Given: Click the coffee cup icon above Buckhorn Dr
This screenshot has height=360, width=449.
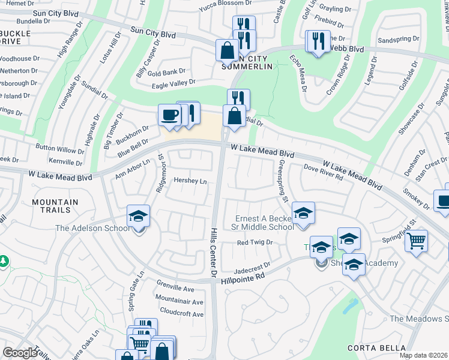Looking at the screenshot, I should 170,115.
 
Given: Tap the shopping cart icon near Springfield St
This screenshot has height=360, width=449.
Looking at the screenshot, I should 415,241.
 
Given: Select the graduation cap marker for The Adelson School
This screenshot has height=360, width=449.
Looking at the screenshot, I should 138,217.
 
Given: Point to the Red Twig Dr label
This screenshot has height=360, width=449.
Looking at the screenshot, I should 255,243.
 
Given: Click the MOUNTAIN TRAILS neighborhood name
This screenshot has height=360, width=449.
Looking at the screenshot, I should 55,206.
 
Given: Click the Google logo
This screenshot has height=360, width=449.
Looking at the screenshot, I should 20,353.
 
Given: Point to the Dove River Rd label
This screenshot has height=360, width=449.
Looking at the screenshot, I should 323,172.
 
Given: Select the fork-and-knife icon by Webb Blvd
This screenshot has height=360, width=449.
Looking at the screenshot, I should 317,41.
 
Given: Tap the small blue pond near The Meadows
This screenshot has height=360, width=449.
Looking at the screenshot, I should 349,307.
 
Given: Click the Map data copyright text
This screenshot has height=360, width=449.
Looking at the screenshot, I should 424,355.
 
